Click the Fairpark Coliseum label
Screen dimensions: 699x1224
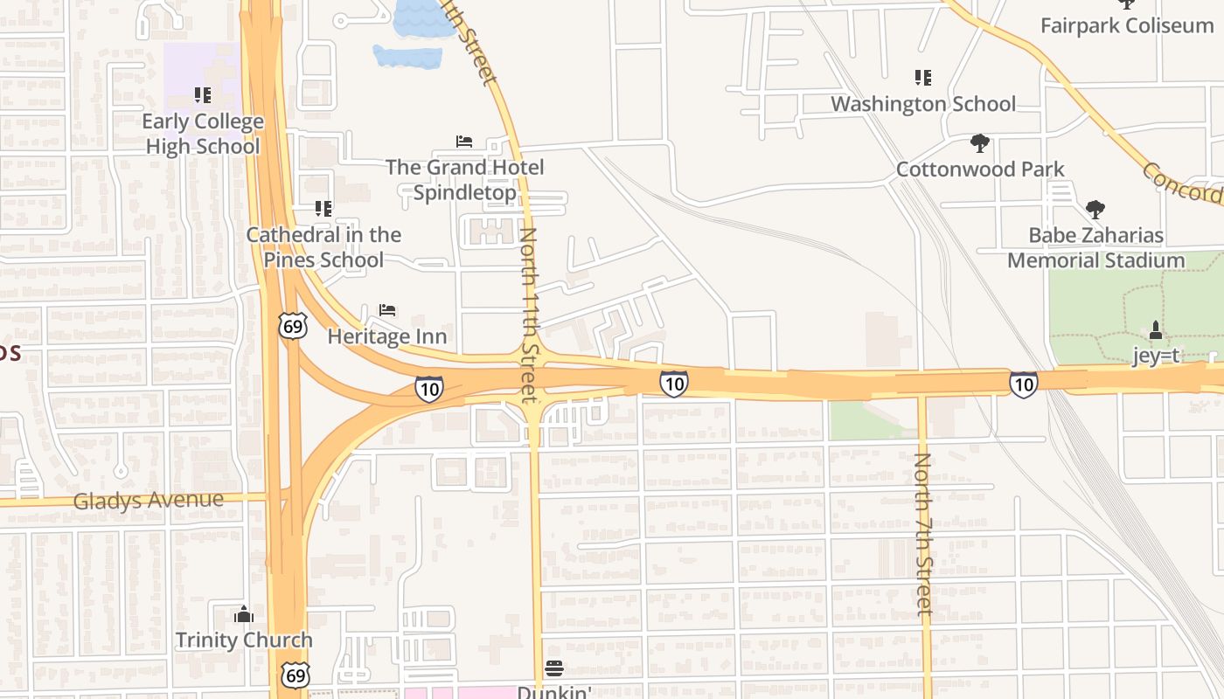click(x=1126, y=25)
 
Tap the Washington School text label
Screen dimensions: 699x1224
click(x=922, y=104)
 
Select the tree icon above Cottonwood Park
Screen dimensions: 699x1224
click(x=979, y=143)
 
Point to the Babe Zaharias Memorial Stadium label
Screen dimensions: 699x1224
click(x=1095, y=247)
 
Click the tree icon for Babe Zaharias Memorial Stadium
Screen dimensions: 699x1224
click(x=1095, y=210)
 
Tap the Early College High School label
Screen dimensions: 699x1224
click(x=203, y=134)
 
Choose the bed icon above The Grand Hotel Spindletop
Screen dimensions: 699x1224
click(x=464, y=142)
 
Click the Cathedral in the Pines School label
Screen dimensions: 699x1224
click(x=323, y=247)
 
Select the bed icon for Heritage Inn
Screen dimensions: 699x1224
click(x=387, y=310)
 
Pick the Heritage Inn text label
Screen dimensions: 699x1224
click(x=386, y=336)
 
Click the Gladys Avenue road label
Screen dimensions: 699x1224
click(x=149, y=501)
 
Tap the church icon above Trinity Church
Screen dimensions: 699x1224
click(x=244, y=614)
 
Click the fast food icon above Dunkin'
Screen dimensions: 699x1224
click(x=553, y=669)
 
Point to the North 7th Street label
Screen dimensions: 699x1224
click(x=923, y=533)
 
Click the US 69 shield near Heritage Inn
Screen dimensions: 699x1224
click(x=293, y=325)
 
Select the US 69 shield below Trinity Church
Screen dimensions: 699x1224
click(x=296, y=674)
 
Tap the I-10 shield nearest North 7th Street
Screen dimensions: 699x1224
click(x=1023, y=384)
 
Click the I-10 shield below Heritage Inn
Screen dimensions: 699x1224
click(x=428, y=388)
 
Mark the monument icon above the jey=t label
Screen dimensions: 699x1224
click(x=1155, y=330)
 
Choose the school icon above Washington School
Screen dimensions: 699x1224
click(x=922, y=78)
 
